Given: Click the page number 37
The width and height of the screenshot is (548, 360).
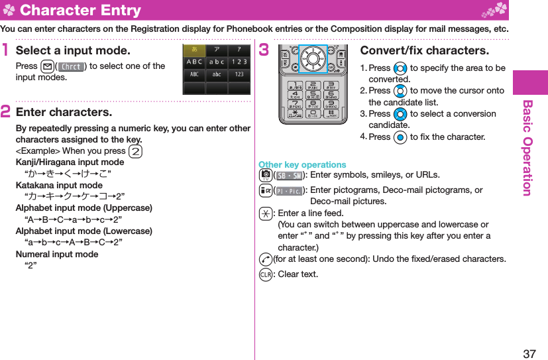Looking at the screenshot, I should (529, 353).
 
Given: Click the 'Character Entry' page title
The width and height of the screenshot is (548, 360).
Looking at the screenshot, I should (80, 10).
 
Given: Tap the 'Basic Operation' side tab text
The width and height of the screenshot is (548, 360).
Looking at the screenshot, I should (527, 148).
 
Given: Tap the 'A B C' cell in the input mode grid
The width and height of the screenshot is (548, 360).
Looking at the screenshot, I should (194, 62).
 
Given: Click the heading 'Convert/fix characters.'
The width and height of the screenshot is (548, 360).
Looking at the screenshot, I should (424, 51).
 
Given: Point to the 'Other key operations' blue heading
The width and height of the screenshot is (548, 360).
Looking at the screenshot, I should (302, 164).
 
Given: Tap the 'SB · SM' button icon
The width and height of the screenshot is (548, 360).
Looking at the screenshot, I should (288, 176).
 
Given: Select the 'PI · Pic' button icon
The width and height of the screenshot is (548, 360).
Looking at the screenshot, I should (288, 191).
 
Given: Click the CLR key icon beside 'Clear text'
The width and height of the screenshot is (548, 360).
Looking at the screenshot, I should (265, 274).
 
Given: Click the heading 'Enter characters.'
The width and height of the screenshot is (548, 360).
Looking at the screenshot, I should (64, 112).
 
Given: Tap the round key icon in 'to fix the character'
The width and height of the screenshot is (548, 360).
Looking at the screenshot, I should (399, 137).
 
